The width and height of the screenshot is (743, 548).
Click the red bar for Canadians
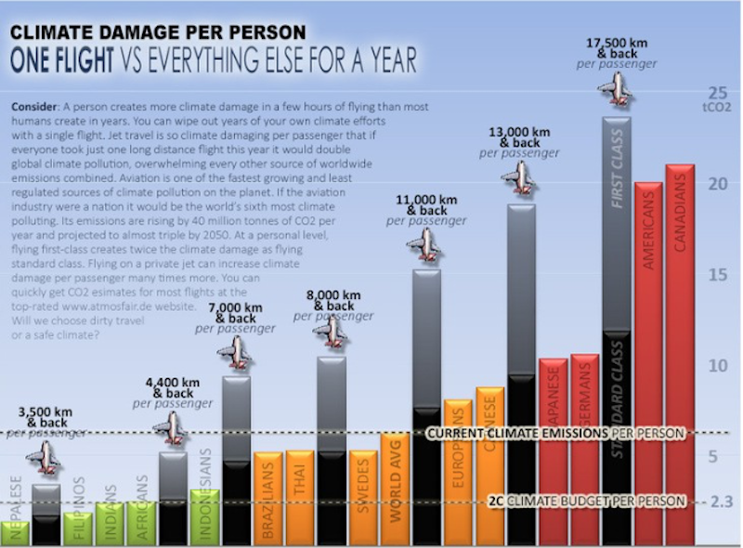pyautogui.click(x=680, y=353)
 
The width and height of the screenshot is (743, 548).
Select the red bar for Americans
pyautogui.click(x=648, y=362)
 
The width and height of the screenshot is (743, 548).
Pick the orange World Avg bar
pyautogui.click(x=395, y=488)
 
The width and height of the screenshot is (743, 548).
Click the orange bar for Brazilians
pyautogui.click(x=267, y=497)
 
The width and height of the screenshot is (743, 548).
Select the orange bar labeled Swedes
pyautogui.click(x=363, y=497)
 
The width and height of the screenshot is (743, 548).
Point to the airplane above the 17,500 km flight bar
pyautogui.click(x=614, y=89)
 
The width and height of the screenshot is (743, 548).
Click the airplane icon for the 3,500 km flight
pyautogui.click(x=43, y=457)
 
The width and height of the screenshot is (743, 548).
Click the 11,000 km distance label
pyautogui.click(x=426, y=200)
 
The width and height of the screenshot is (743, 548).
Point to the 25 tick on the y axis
pyautogui.click(x=717, y=93)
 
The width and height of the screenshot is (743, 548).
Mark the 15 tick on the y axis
pyautogui.click(x=716, y=275)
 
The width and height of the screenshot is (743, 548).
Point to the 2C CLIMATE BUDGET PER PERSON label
pyautogui.click(x=586, y=501)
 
